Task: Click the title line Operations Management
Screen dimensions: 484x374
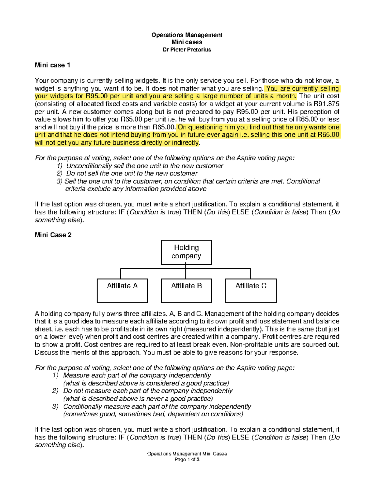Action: click(x=187, y=35)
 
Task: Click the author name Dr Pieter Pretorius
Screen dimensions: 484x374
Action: click(x=187, y=50)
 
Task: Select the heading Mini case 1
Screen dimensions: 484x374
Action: click(x=52, y=65)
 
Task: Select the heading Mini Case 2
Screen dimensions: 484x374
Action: click(x=53, y=235)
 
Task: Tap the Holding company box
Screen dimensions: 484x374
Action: click(x=186, y=252)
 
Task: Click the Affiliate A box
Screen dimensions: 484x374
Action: click(x=122, y=290)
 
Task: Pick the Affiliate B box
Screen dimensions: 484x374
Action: click(x=186, y=290)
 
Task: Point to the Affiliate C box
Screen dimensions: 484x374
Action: click(x=251, y=290)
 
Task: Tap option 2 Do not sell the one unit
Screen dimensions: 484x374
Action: click(x=132, y=174)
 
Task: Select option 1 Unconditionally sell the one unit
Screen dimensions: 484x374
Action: click(x=144, y=166)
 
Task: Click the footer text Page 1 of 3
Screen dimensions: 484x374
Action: click(x=187, y=459)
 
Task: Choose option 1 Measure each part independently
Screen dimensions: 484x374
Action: click(x=137, y=375)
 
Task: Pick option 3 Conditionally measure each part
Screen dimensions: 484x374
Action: click(x=157, y=406)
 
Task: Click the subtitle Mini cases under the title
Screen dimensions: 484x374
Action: click(x=187, y=42)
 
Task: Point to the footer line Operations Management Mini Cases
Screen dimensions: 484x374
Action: click(x=187, y=454)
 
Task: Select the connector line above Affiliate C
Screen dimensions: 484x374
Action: click(x=250, y=273)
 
